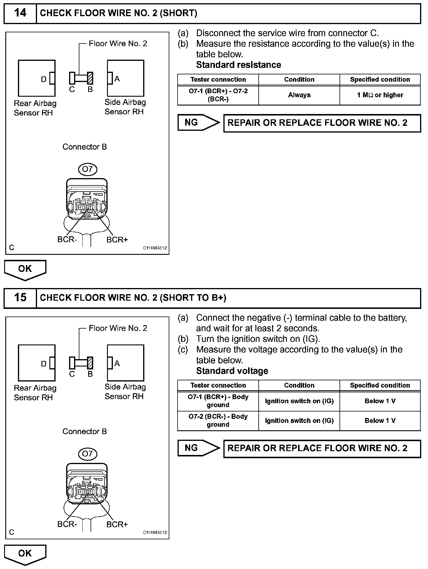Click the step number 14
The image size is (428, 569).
pos(20,13)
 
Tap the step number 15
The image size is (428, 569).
pos(20,297)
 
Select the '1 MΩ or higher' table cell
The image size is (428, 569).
pos(380,95)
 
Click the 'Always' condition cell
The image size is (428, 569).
pos(299,95)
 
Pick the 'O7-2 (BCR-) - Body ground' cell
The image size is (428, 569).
pos(218,421)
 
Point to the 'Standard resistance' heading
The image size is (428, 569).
pos(238,65)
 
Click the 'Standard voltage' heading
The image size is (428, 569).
pos(232,371)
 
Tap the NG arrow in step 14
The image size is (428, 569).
pos(198,123)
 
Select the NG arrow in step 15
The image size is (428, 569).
pos(198,448)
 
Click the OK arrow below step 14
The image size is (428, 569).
pos(25,269)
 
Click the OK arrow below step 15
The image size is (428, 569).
pos(25,554)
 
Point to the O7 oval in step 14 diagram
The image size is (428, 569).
pos(87,169)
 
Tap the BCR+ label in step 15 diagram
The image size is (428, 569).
pos(117,524)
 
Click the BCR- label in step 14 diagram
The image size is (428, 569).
pos(67,240)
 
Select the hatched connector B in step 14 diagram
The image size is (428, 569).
pos(90,78)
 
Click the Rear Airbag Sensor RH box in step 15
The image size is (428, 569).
pos(37,363)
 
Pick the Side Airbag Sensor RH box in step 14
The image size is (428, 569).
pos(126,78)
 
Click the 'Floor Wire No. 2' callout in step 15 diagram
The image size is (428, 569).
pos(118,328)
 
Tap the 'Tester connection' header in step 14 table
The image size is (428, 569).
pos(218,80)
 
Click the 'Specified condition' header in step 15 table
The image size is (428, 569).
pos(380,385)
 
